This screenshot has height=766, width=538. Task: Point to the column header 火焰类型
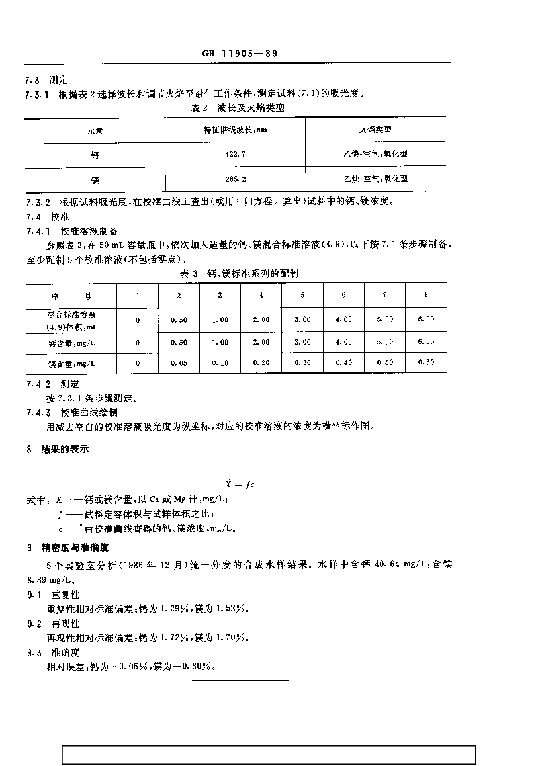click(375, 130)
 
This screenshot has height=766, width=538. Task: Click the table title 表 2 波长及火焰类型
click(236, 107)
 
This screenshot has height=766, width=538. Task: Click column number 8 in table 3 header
click(426, 295)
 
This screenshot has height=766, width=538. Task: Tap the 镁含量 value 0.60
click(426, 362)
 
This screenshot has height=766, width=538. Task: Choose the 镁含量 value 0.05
click(179, 362)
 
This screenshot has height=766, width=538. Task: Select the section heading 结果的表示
click(61, 449)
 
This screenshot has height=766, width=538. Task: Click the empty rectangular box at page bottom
click(269, 755)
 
